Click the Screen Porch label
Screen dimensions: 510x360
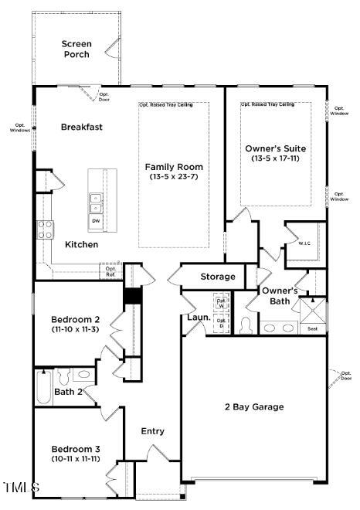tap(76, 49)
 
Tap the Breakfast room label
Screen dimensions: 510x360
tap(82, 127)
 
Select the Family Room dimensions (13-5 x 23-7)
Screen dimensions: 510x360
tap(174, 177)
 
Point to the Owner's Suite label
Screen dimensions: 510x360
tap(275, 148)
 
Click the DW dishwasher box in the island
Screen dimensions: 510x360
tap(96, 221)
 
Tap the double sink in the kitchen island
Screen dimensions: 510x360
tap(96, 202)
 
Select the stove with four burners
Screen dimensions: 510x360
tap(46, 229)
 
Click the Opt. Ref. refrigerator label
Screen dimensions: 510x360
tap(110, 271)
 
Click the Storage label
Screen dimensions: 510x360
tap(218, 277)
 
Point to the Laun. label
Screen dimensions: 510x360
tap(198, 317)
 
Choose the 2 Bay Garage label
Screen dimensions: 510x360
tap(254, 406)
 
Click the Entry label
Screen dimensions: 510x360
tap(152, 431)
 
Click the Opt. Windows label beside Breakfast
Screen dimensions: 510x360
tap(20, 127)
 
